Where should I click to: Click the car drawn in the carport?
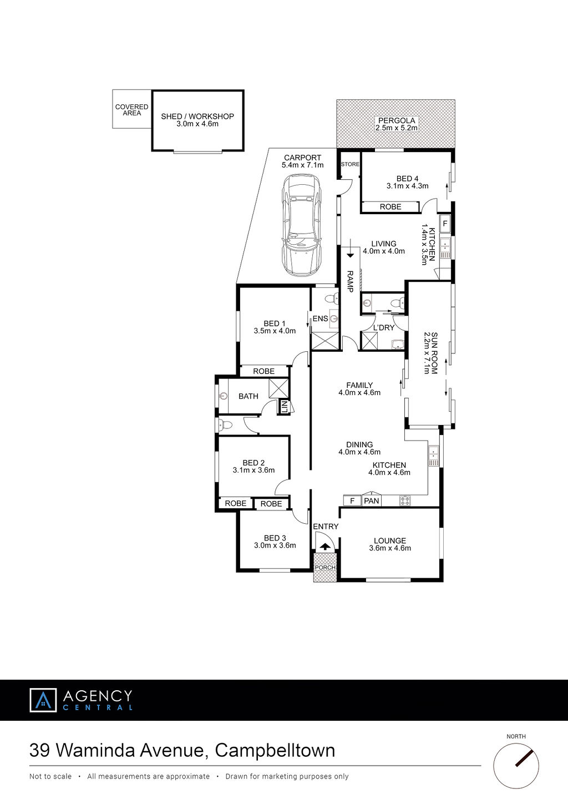pyautogui.click(x=302, y=225)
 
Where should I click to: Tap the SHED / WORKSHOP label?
pyautogui.click(x=197, y=117)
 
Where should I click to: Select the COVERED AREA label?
pyautogui.click(x=131, y=110)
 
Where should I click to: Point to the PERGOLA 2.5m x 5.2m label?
pyautogui.click(x=397, y=124)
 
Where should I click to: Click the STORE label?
pyautogui.click(x=350, y=164)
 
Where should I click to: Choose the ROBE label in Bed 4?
pyautogui.click(x=390, y=207)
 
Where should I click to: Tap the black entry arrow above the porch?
pyautogui.click(x=326, y=547)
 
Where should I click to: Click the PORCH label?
pyautogui.click(x=325, y=568)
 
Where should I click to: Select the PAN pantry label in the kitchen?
pyautogui.click(x=371, y=500)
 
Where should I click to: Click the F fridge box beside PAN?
pyautogui.click(x=352, y=500)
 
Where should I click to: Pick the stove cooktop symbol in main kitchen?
pyautogui.click(x=405, y=500)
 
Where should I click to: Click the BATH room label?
pyautogui.click(x=248, y=396)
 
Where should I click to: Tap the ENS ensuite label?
pyautogui.click(x=321, y=318)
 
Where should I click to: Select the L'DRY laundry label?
pyautogui.click(x=384, y=328)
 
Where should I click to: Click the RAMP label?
pyautogui.click(x=350, y=281)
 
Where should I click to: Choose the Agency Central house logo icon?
pyautogui.click(x=43, y=700)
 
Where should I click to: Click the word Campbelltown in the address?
pyautogui.click(x=275, y=751)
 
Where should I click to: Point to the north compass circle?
pyautogui.click(x=516, y=766)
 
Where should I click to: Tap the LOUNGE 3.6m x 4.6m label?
pyautogui.click(x=390, y=544)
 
